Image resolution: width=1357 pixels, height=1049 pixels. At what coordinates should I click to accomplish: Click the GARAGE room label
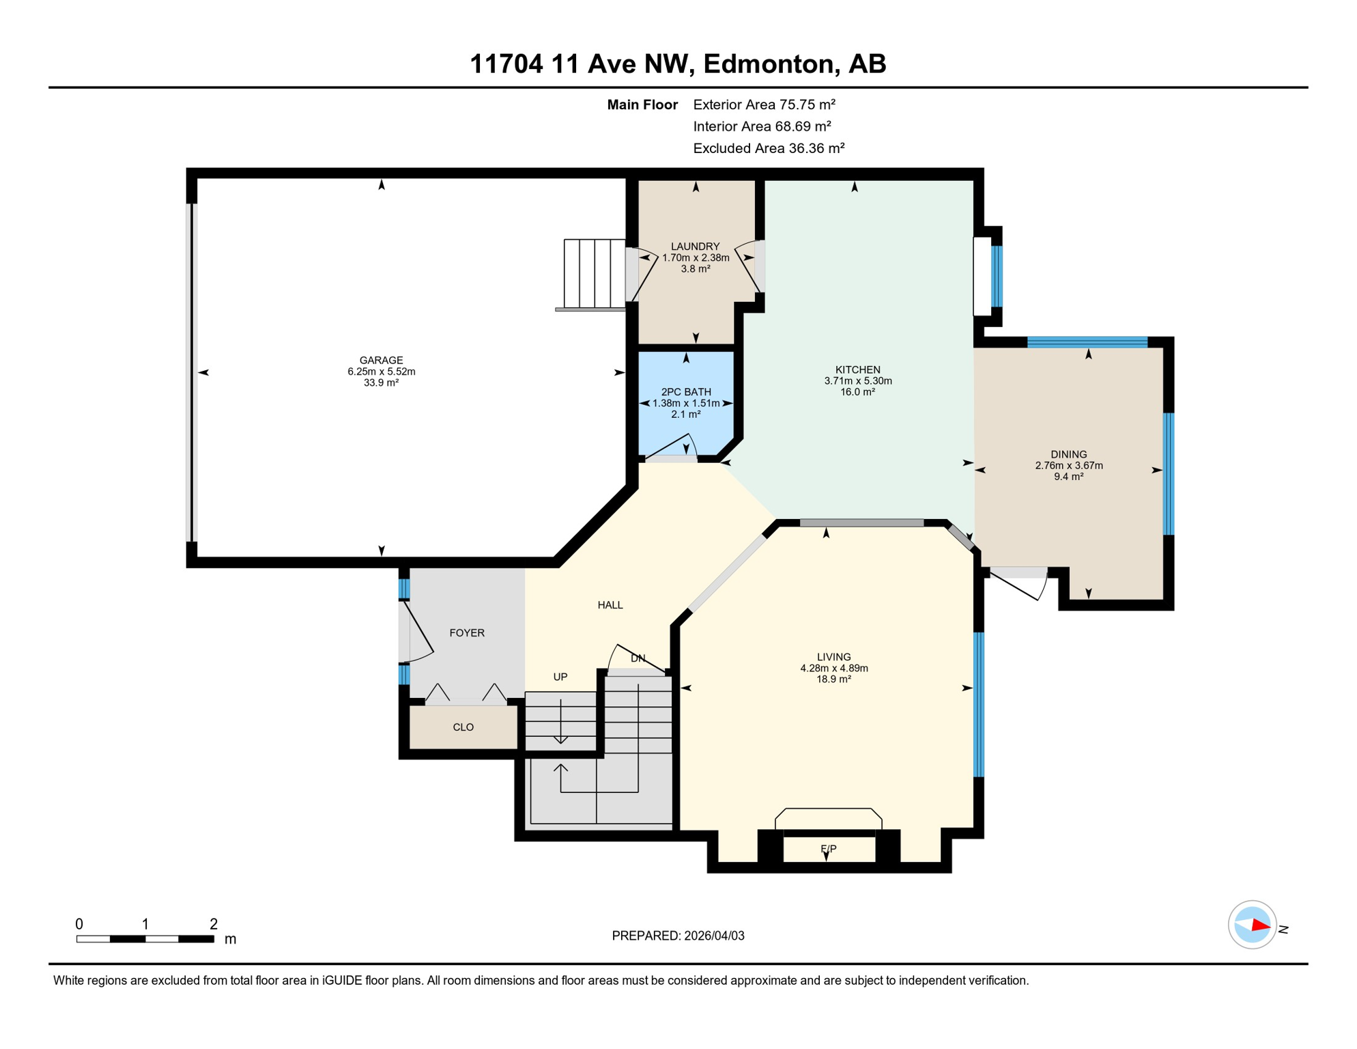click(x=381, y=360)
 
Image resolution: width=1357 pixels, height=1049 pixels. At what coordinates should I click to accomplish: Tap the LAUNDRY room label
click(x=695, y=247)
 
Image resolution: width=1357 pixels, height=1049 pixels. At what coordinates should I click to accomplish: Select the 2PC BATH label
click(x=686, y=392)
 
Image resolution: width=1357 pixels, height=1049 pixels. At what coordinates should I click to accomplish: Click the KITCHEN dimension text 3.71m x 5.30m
click(x=858, y=381)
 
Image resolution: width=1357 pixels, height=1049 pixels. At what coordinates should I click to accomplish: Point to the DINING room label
click(x=1068, y=454)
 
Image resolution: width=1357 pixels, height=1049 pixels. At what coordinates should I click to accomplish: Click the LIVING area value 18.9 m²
click(x=833, y=680)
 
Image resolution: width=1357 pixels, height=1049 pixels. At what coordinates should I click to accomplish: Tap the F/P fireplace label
click(x=828, y=849)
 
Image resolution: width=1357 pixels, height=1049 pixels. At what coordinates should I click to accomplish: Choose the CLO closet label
click(x=463, y=727)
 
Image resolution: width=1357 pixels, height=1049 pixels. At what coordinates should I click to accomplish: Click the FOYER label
click(x=467, y=633)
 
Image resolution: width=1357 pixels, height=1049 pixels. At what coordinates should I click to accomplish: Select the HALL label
click(x=610, y=605)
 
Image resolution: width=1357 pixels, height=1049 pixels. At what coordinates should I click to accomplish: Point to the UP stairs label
click(x=560, y=677)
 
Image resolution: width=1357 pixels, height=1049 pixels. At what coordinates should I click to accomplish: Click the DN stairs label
click(x=638, y=658)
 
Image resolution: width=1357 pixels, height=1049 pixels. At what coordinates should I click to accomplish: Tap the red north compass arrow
click(x=1260, y=926)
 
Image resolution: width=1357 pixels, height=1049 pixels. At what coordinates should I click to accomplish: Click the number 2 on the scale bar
click(x=213, y=924)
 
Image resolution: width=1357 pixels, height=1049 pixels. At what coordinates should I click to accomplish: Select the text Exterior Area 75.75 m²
click(x=764, y=104)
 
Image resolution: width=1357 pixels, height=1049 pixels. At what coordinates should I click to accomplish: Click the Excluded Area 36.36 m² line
click(x=769, y=148)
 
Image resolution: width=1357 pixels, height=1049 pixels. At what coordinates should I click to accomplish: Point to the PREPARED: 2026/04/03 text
click(x=678, y=936)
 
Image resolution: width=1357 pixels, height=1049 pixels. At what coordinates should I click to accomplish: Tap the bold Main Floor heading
click(x=642, y=104)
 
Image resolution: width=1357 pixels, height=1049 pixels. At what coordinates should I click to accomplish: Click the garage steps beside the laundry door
click(x=594, y=274)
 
